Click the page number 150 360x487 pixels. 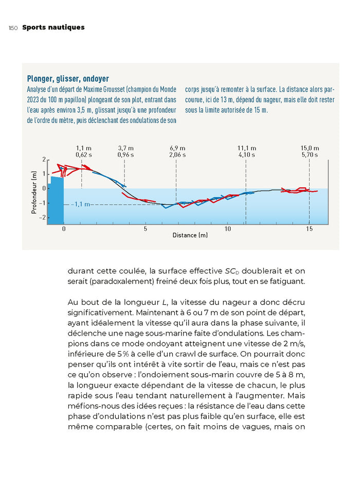(13, 28)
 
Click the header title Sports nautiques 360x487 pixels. (53, 27)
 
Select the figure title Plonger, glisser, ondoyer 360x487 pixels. (68, 79)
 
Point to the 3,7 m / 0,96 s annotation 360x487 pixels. (125, 151)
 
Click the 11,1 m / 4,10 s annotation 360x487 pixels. (247, 151)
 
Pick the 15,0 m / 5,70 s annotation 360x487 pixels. (310, 151)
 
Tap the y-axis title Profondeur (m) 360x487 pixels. (34, 193)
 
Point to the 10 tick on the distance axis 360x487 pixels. (228, 228)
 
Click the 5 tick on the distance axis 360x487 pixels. (146, 228)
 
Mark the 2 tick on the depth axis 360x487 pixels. (44, 159)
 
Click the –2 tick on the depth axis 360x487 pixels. (43, 217)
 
